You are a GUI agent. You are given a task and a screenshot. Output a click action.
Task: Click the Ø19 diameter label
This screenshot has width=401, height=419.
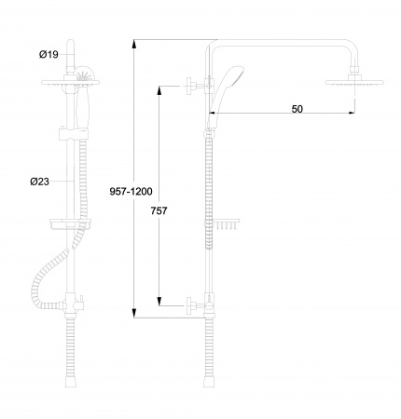[48, 54]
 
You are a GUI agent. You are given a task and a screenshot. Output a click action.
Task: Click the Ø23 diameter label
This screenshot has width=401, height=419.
[40, 182]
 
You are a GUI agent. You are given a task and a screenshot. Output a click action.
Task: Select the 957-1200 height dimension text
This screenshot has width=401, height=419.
[131, 192]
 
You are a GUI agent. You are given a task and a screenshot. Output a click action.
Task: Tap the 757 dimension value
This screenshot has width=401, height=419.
[159, 210]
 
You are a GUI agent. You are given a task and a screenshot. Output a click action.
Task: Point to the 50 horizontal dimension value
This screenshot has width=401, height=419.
[297, 109]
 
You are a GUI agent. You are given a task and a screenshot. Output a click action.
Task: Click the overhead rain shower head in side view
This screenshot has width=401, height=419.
[354, 82]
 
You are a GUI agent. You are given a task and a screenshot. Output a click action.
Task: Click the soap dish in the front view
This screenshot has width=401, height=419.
[71, 223]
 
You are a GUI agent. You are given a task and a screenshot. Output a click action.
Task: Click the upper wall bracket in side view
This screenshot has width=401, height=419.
[200, 86]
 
